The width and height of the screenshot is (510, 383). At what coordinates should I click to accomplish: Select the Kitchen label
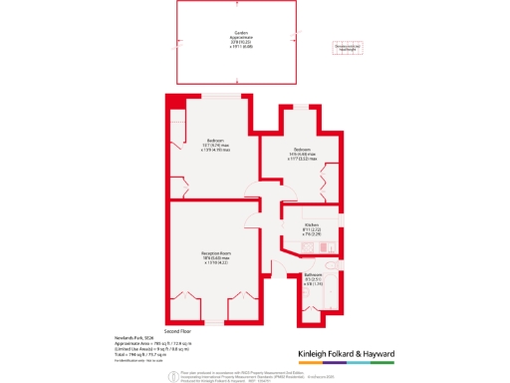click(x=310, y=226)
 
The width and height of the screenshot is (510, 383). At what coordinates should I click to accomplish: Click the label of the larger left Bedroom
click(x=214, y=139)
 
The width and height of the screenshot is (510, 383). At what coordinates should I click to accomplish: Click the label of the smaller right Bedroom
click(x=303, y=150)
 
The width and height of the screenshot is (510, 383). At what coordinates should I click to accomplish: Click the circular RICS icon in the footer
click(x=172, y=374)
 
